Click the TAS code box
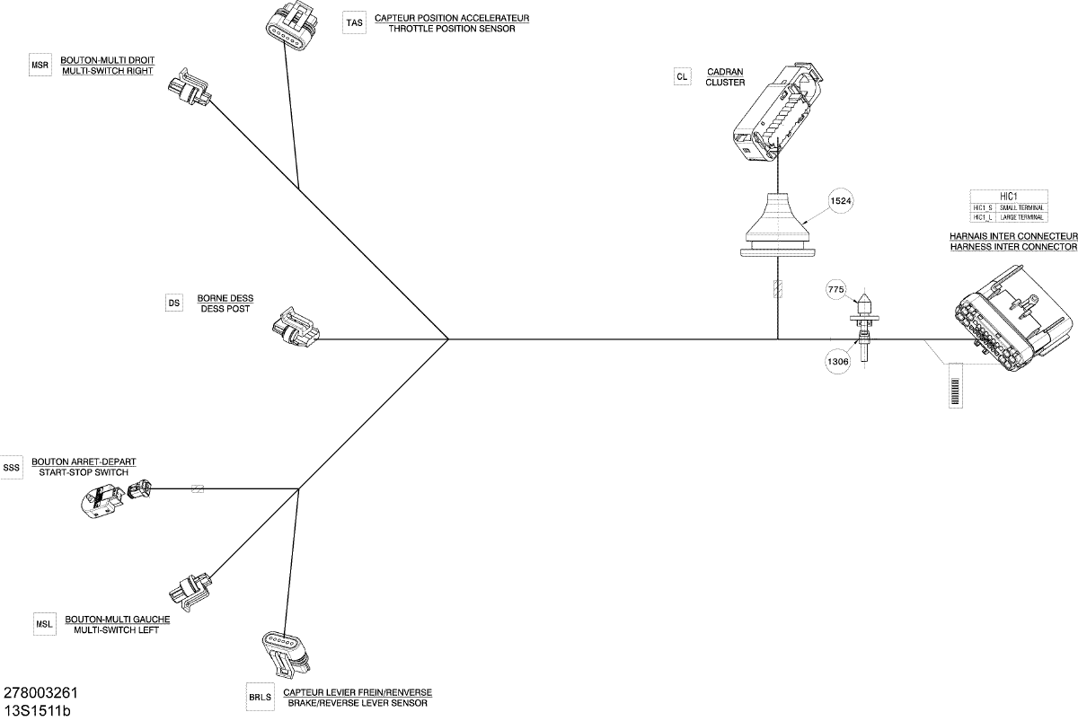[x=355, y=23]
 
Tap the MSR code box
[x=40, y=66]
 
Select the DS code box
[x=174, y=303]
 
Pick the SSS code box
[x=11, y=467]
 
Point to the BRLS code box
[x=259, y=697]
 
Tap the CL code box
[x=682, y=77]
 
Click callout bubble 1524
[x=841, y=202]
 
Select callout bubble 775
[x=836, y=290]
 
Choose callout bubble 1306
[x=836, y=361]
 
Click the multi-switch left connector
[x=191, y=587]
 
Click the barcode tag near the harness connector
[x=954, y=385]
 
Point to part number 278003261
[x=41, y=693]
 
